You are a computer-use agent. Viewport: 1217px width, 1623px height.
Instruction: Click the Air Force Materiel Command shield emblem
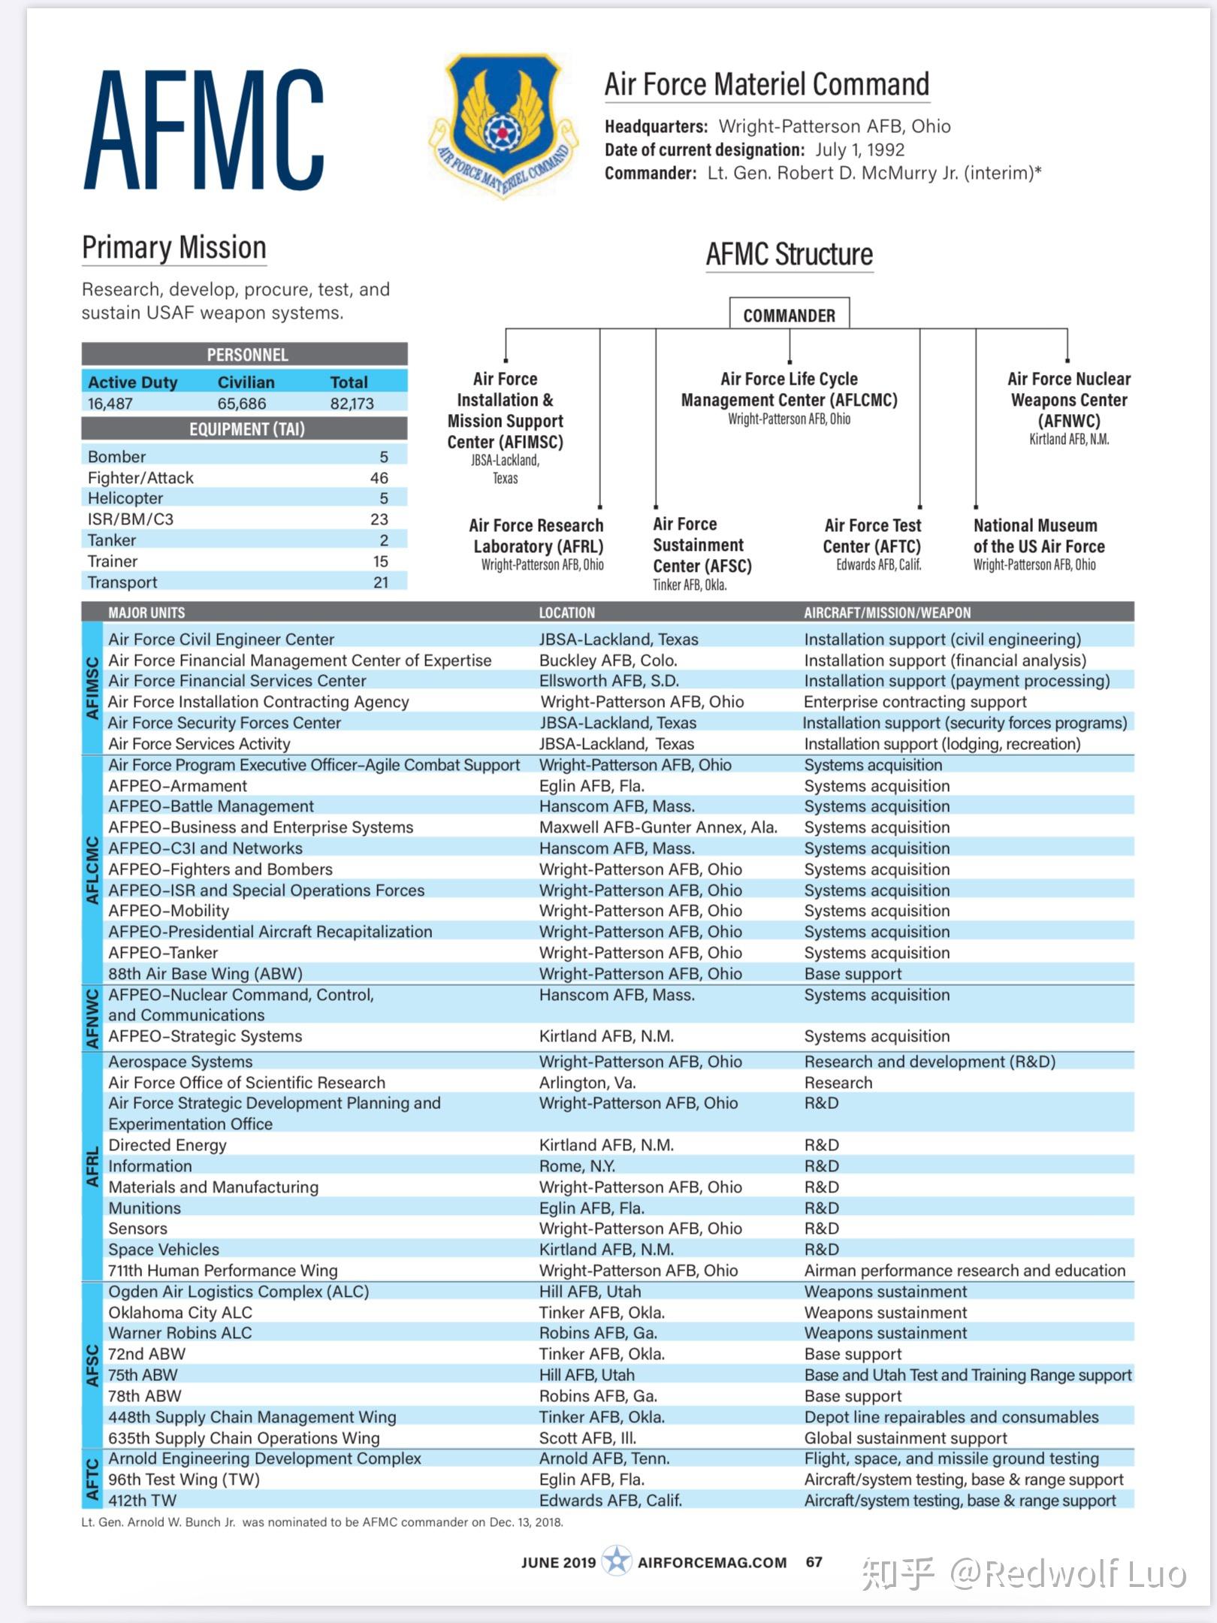click(x=503, y=124)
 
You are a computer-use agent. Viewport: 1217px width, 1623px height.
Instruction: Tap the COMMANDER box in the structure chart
click(x=789, y=315)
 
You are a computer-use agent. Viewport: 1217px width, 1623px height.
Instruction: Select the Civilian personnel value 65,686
click(x=241, y=403)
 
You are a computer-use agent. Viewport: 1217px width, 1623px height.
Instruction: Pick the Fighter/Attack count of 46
click(x=379, y=478)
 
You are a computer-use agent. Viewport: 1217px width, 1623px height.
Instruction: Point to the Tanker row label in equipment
click(x=112, y=540)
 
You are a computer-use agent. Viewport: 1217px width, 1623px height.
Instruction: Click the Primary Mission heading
click(x=174, y=248)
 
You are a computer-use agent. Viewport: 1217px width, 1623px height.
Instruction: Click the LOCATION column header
click(x=566, y=612)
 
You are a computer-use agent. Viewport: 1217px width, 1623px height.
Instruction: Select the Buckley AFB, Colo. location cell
click(x=608, y=660)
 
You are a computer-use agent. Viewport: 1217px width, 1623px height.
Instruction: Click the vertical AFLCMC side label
click(x=92, y=870)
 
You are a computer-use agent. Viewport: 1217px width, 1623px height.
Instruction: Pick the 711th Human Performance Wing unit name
click(x=222, y=1271)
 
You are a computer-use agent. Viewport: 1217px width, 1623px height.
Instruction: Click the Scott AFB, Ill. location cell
click(x=587, y=1438)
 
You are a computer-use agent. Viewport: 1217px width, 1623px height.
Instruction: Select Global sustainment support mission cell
click(x=904, y=1438)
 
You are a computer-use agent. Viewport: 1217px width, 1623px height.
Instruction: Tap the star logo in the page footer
click(x=617, y=1561)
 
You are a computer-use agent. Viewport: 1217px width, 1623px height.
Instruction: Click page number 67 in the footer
click(x=814, y=1561)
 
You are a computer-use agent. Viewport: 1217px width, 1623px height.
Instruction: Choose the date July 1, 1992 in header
click(x=859, y=150)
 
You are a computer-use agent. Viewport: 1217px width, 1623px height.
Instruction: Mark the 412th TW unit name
click(x=142, y=1501)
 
